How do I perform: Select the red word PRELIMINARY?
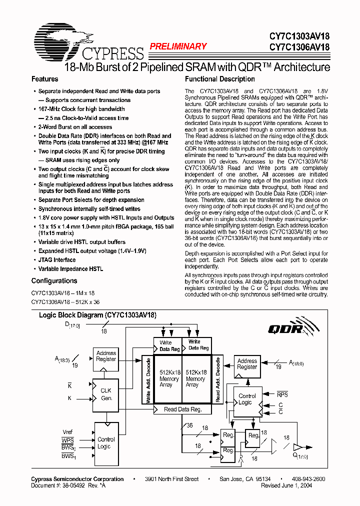[178, 46]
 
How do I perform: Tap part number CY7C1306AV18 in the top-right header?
[299, 48]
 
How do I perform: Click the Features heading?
[44, 79]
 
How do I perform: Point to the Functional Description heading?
[219, 79]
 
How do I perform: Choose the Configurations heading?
[54, 280]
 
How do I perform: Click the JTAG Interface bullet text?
[57, 260]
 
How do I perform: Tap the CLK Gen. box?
[106, 394]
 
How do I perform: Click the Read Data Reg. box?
[183, 409]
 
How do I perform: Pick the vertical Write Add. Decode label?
[148, 380]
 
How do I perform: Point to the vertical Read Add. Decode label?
[217, 380]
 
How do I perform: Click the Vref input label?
[67, 431]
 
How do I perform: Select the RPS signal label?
[282, 394]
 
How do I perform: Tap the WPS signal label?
[68, 439]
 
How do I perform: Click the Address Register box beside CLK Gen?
[106, 356]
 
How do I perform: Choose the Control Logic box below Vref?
[106, 442]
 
